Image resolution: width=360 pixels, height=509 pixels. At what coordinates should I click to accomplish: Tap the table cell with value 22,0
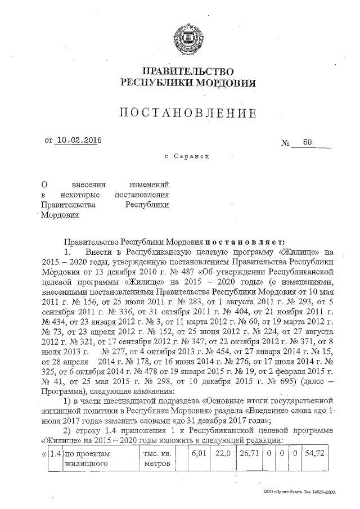220,453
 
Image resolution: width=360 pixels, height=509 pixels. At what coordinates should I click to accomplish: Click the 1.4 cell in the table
55,453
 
